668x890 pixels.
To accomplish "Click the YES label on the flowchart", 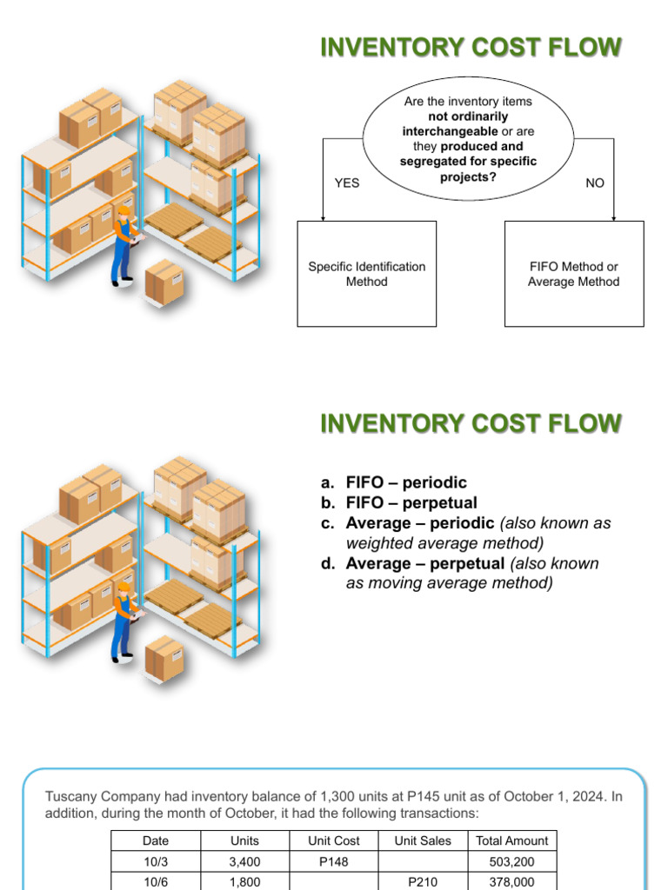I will coord(347,183).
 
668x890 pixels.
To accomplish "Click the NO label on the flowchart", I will coord(595,183).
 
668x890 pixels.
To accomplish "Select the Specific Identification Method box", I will coord(366,274).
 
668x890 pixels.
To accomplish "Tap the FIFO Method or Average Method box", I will coord(574,274).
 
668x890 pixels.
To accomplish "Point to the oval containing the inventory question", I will coord(468,140).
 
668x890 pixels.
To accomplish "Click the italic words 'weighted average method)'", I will coord(444,543).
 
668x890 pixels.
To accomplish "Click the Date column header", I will coord(156,840).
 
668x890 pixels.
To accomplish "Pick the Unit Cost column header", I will coord(333,840).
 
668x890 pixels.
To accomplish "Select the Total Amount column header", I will coord(512,840).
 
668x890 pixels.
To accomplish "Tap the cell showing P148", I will coord(333,861).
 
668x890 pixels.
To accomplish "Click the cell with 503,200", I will coord(512,861).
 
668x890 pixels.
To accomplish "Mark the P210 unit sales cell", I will coord(423,880).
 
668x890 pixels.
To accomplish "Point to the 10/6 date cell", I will coord(156,880).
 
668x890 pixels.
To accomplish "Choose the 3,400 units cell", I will coord(244,861).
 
